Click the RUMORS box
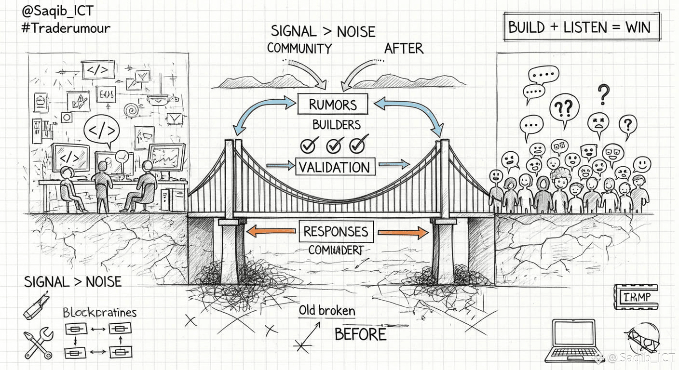click(x=333, y=105)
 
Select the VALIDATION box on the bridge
click(x=334, y=167)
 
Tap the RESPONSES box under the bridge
click(x=335, y=232)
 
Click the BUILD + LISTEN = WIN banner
click(x=582, y=27)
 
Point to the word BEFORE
click(x=360, y=334)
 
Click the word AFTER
click(x=404, y=48)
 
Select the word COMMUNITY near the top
click(x=299, y=48)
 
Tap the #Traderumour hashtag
click(x=66, y=27)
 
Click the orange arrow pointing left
click(x=270, y=232)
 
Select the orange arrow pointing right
click(x=403, y=233)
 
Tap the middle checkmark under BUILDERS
click(x=335, y=144)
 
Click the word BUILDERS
click(x=336, y=125)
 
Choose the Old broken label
click(x=326, y=311)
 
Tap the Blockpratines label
click(x=100, y=312)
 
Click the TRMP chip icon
click(x=637, y=297)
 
